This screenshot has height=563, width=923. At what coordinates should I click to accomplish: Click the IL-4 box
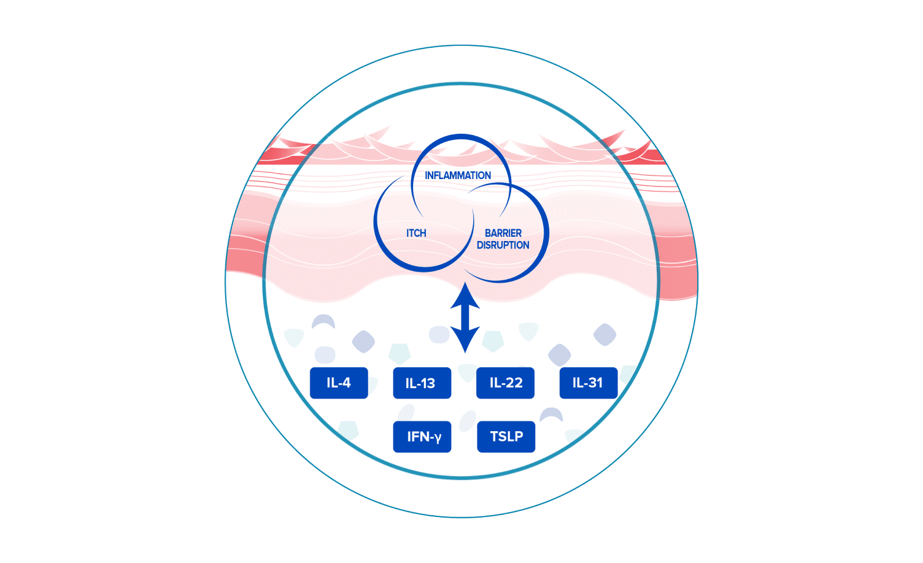[339, 383]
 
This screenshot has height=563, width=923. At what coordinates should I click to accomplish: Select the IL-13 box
[422, 383]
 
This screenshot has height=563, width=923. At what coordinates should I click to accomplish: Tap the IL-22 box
[505, 383]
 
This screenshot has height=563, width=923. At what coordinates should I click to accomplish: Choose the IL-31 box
[589, 383]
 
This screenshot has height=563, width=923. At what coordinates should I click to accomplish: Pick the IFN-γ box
[422, 437]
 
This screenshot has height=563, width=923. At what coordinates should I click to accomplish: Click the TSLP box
[506, 437]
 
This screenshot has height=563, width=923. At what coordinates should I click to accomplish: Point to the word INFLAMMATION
[458, 175]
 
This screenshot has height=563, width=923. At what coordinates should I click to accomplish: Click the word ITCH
[416, 233]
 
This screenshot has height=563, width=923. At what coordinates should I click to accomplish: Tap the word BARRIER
[503, 233]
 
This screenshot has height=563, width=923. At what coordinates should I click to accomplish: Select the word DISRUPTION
[503, 245]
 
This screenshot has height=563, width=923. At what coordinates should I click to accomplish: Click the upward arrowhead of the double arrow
[465, 295]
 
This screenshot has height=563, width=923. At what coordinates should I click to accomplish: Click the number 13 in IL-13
[428, 384]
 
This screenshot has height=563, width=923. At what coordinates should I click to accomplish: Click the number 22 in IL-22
[514, 383]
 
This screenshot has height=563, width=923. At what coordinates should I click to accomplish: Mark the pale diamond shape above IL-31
[604, 334]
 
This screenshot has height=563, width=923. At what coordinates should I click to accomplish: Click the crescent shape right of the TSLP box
[551, 415]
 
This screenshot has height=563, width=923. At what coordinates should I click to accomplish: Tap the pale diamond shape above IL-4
[363, 342]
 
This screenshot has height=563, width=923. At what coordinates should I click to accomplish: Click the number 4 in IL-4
[346, 383]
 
